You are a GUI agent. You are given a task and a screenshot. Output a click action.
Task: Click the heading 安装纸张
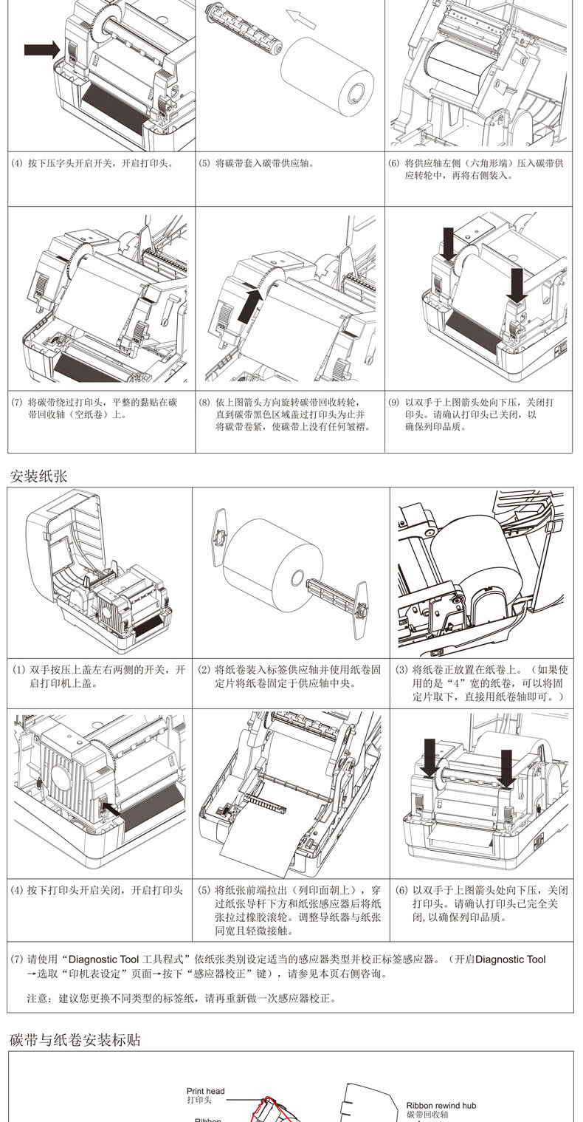click(x=38, y=476)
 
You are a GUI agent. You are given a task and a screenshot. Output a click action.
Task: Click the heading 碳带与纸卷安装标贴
click(x=75, y=1040)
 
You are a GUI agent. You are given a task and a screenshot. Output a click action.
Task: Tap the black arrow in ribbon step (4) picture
click(x=41, y=49)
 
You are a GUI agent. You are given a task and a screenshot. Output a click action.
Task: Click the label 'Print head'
click(x=205, y=1091)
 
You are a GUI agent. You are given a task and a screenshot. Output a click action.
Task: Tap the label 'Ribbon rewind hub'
click(x=441, y=1105)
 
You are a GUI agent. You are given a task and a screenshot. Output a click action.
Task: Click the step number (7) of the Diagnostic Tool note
click(x=17, y=959)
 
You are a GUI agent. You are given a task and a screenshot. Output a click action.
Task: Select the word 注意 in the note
click(x=38, y=999)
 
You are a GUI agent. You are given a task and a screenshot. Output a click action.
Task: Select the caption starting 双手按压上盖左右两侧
click(x=106, y=670)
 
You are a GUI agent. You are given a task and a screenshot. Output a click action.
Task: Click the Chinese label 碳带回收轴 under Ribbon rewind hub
click(x=427, y=1114)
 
